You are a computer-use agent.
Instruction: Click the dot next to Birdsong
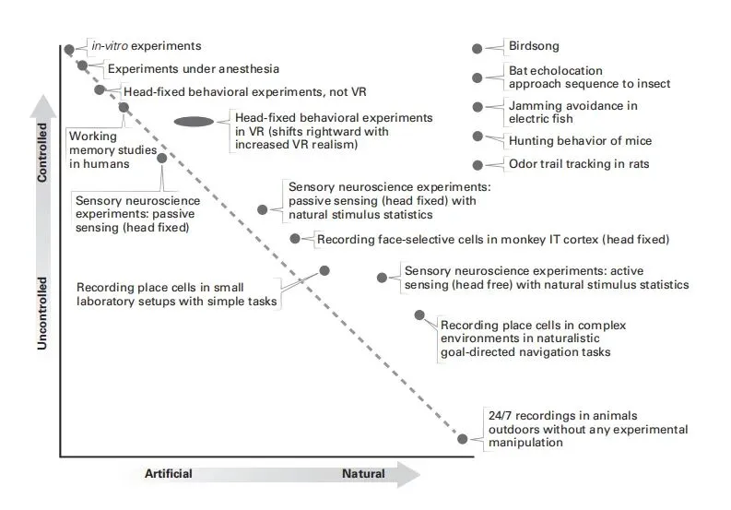477,48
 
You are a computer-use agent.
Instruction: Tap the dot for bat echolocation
477,77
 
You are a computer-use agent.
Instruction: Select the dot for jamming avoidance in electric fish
477,107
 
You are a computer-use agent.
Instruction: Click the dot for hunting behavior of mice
477,136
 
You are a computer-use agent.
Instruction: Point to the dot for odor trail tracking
477,165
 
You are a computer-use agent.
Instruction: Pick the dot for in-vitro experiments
68,49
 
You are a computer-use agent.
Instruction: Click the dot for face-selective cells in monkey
295,239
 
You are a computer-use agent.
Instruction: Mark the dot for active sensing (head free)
381,277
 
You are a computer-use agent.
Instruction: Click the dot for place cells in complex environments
419,315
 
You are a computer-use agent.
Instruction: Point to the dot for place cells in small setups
324,270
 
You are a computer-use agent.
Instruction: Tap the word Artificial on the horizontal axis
168,474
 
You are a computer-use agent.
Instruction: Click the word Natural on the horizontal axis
363,474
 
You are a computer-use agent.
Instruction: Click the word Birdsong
534,46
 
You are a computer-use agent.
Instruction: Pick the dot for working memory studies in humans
124,107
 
